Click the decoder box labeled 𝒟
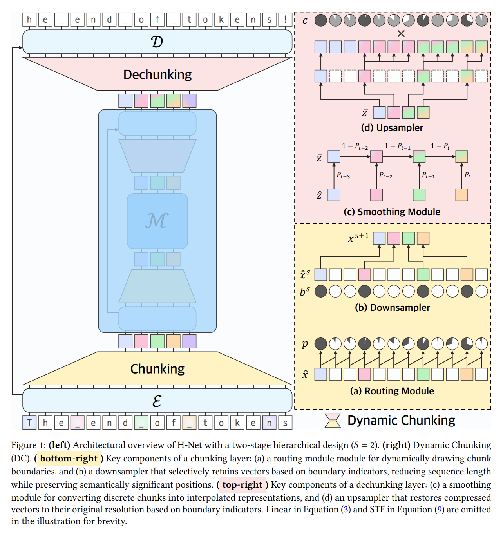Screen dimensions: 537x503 [157, 42]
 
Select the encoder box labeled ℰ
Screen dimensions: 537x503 [157, 401]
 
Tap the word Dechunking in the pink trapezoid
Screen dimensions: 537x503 [157, 74]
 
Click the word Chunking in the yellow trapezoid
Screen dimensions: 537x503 [157, 369]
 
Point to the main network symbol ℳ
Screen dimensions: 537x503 [157, 221]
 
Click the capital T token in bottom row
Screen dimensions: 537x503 [29, 423]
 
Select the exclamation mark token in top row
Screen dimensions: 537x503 [285, 19]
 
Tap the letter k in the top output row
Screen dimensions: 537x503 [221, 19]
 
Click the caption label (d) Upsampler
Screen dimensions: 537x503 [392, 128]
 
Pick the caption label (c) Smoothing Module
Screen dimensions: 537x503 [392, 212]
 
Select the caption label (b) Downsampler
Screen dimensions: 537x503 [392, 308]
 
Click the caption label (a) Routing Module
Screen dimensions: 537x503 [392, 391]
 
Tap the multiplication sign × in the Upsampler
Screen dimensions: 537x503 [401, 34]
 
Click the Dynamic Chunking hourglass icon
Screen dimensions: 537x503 [333, 420]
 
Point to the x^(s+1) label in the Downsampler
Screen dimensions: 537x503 [358, 238]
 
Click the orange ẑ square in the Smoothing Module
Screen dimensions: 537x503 [462, 195]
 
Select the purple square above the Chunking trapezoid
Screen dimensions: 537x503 [189, 341]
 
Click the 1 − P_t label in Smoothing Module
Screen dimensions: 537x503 [440, 146]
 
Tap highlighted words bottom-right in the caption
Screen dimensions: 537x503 [69, 458]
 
